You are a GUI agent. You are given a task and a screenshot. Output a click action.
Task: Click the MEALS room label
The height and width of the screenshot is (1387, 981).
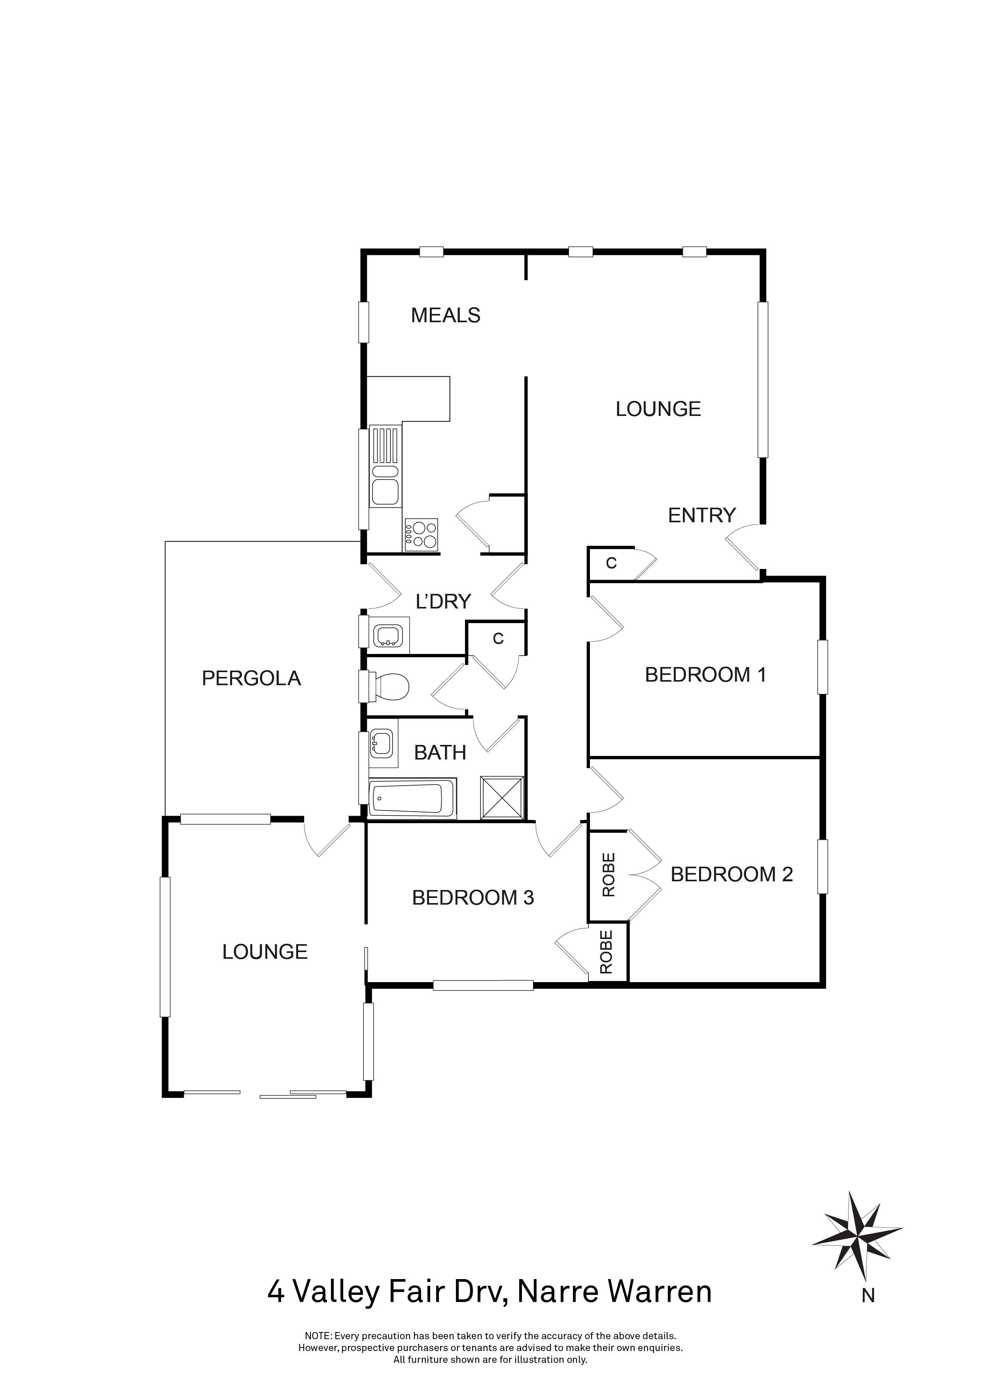coord(445,316)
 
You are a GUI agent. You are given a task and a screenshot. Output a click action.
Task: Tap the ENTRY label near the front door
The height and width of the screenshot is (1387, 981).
coord(701,515)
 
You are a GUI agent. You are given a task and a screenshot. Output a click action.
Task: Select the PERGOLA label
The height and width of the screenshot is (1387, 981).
coord(251,678)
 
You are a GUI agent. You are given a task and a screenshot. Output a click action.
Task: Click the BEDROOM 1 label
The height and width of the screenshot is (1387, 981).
coord(705,675)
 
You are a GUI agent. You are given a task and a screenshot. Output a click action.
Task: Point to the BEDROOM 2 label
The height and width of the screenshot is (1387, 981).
coord(731,874)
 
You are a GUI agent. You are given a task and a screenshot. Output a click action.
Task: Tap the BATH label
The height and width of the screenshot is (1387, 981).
coord(440,753)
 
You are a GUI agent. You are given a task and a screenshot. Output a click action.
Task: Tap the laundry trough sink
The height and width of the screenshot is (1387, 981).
coord(387,635)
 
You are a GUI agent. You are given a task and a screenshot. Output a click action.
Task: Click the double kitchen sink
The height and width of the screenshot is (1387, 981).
coord(385,483)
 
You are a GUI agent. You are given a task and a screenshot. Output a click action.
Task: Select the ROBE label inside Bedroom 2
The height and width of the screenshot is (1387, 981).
coord(608,875)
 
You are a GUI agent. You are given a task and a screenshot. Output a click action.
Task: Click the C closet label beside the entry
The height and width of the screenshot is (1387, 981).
coord(611,564)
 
